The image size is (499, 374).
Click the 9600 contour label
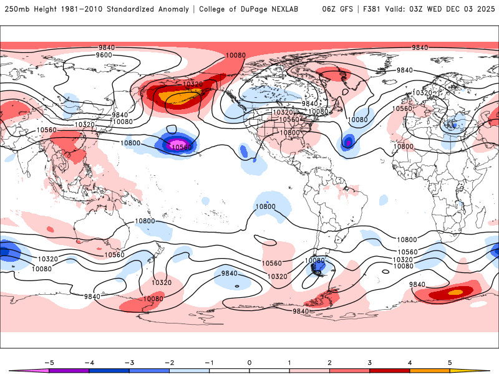(104, 55)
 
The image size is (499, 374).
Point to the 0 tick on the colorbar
(249, 362)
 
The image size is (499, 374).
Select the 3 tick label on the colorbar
(370, 362)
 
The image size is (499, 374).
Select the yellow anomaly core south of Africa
(456, 292)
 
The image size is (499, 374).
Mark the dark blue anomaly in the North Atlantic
(348, 142)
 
